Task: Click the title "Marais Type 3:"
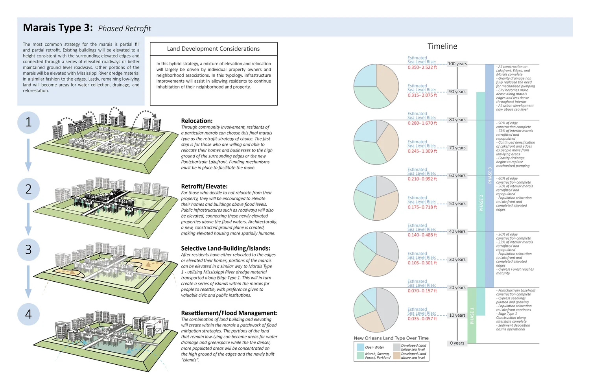click(58, 28)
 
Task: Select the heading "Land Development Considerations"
click(213, 49)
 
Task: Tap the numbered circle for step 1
click(28, 122)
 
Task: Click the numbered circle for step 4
click(28, 314)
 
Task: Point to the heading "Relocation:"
click(197, 121)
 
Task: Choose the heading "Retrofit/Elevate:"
click(204, 186)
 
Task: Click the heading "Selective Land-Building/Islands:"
click(225, 248)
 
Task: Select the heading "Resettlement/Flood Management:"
click(229, 313)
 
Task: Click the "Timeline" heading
click(442, 46)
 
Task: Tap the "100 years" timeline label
click(457, 64)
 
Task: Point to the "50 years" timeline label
click(457, 204)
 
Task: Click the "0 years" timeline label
click(457, 343)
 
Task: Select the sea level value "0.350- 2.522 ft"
click(422, 67)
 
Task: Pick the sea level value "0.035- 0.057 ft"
click(422, 319)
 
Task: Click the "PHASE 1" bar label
click(472, 316)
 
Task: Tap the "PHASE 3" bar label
click(490, 175)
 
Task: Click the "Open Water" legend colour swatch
click(360, 347)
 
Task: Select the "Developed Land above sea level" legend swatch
click(396, 355)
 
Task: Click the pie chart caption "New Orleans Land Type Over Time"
click(391, 338)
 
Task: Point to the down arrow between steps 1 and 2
click(28, 155)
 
